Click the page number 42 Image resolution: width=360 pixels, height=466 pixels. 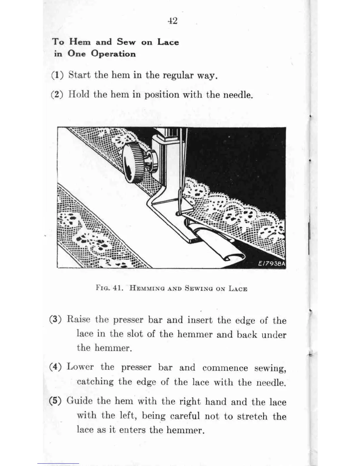tap(173, 21)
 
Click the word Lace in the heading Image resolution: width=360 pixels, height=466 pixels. tap(168, 42)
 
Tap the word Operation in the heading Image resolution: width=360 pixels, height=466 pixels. tap(113, 54)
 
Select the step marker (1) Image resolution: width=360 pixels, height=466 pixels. tap(57, 75)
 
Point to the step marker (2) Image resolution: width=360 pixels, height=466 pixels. tap(57, 95)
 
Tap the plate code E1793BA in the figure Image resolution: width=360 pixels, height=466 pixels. tap(271, 264)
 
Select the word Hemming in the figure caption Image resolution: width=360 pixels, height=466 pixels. tap(146, 288)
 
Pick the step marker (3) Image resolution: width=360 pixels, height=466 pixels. tap(55, 319)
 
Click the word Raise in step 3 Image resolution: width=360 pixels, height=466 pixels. tap(79, 319)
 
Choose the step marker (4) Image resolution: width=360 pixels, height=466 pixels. tap(55, 367)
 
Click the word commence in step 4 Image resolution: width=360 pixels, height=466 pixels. tap(225, 368)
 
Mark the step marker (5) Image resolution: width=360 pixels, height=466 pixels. tap(55, 401)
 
